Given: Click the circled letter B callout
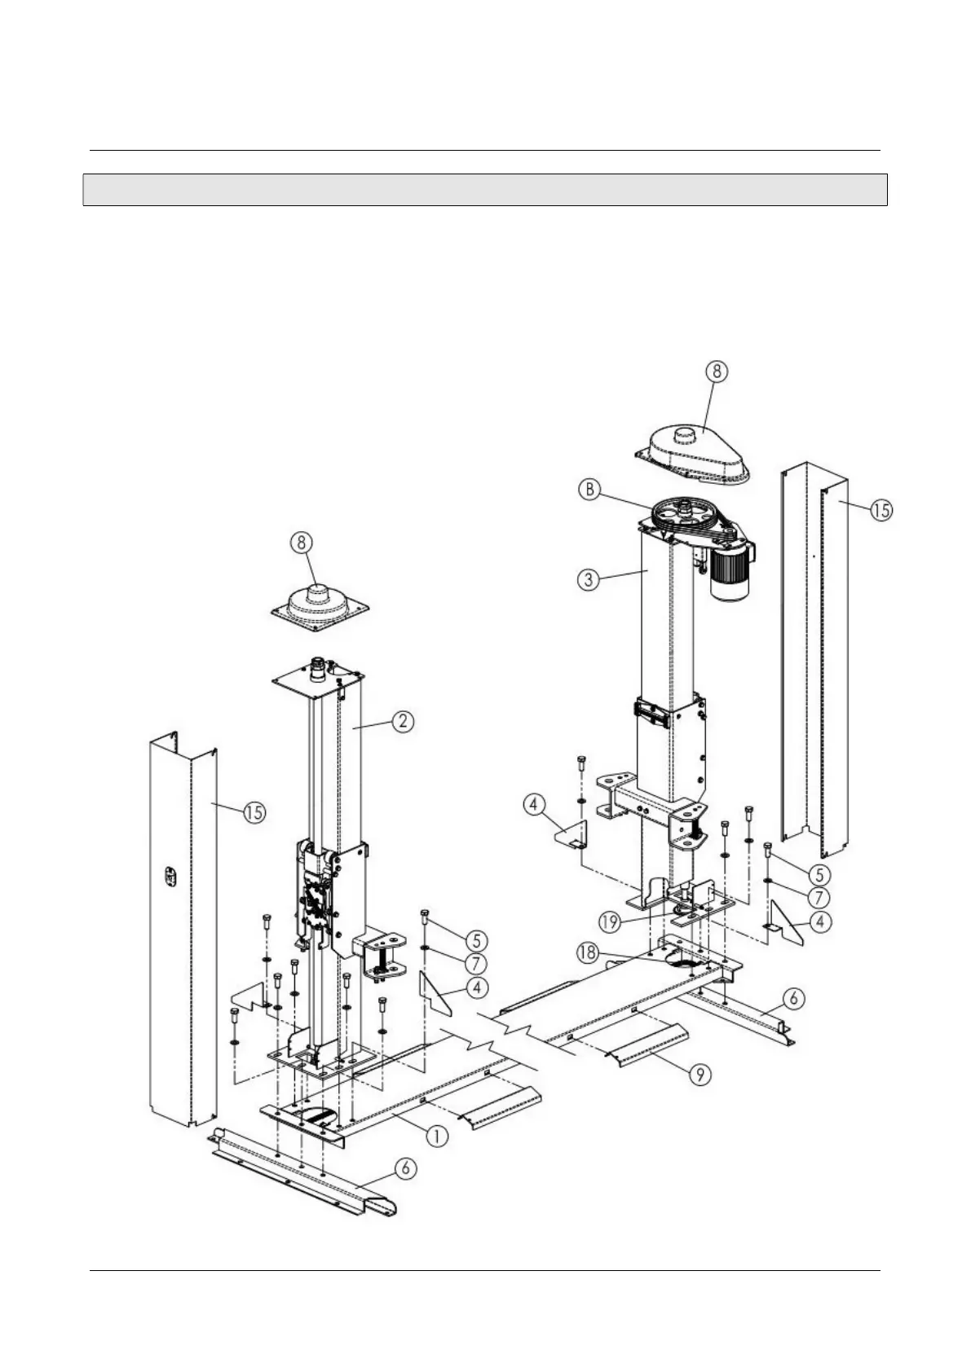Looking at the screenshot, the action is point(589,490).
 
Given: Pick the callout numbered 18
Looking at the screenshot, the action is point(586,952).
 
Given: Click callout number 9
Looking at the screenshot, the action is point(700,1075).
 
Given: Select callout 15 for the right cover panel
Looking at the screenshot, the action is point(881,511).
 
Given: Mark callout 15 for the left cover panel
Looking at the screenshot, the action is point(255,812).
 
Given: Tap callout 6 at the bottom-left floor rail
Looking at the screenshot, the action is point(406,1169).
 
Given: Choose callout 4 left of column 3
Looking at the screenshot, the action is point(533,806).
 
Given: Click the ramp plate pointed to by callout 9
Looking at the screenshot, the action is point(648,1046).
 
